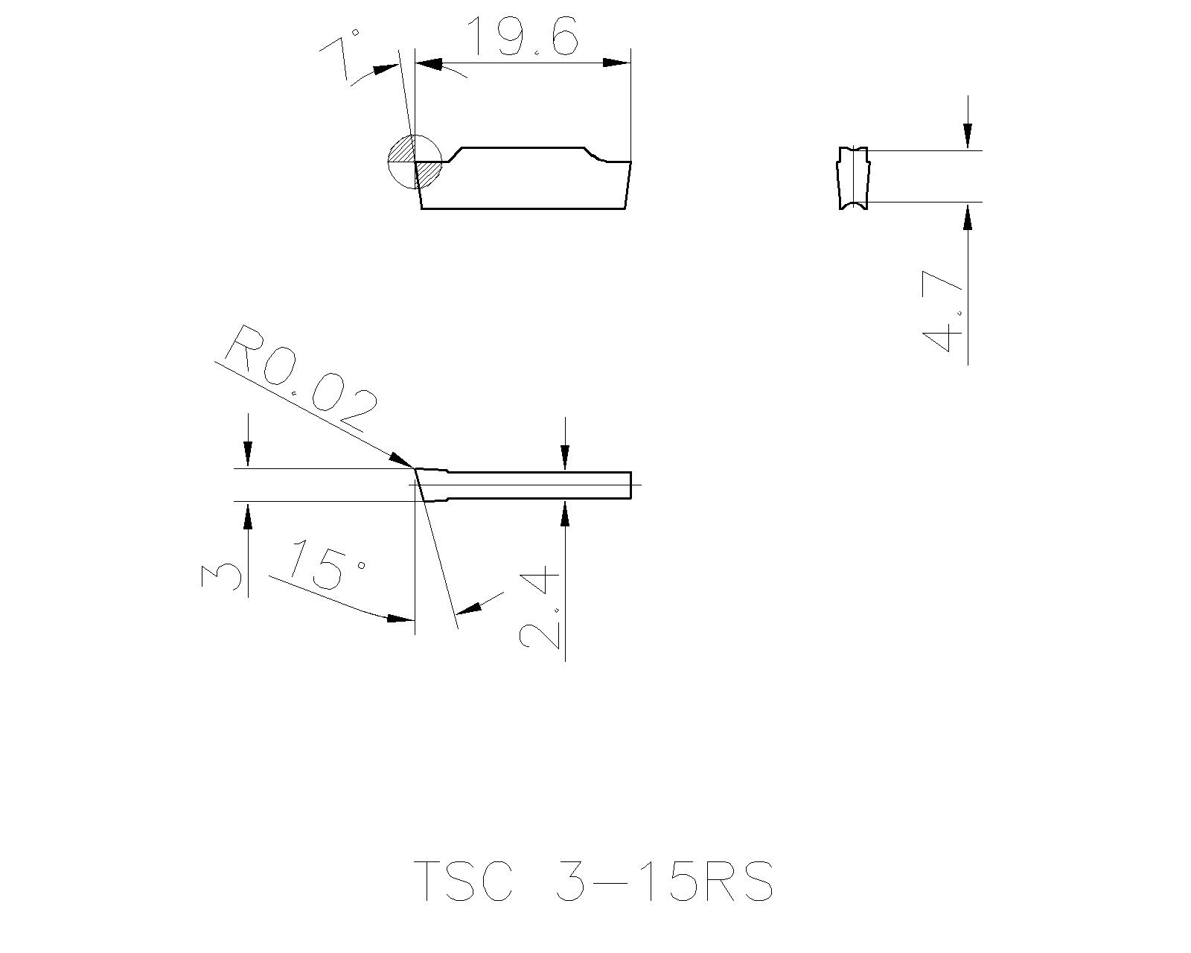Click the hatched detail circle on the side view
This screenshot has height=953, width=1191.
pos(415,162)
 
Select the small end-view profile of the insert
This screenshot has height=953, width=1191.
pos(853,178)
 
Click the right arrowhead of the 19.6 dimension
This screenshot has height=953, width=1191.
pos(616,63)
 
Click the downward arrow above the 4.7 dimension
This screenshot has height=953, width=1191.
pos(967,136)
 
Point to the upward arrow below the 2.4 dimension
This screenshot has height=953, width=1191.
pos(565,513)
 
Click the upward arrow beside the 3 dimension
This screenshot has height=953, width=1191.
pos(248,514)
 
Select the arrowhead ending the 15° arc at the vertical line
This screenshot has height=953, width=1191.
pos(399,617)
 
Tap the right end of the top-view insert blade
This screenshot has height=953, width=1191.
pos(630,485)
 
